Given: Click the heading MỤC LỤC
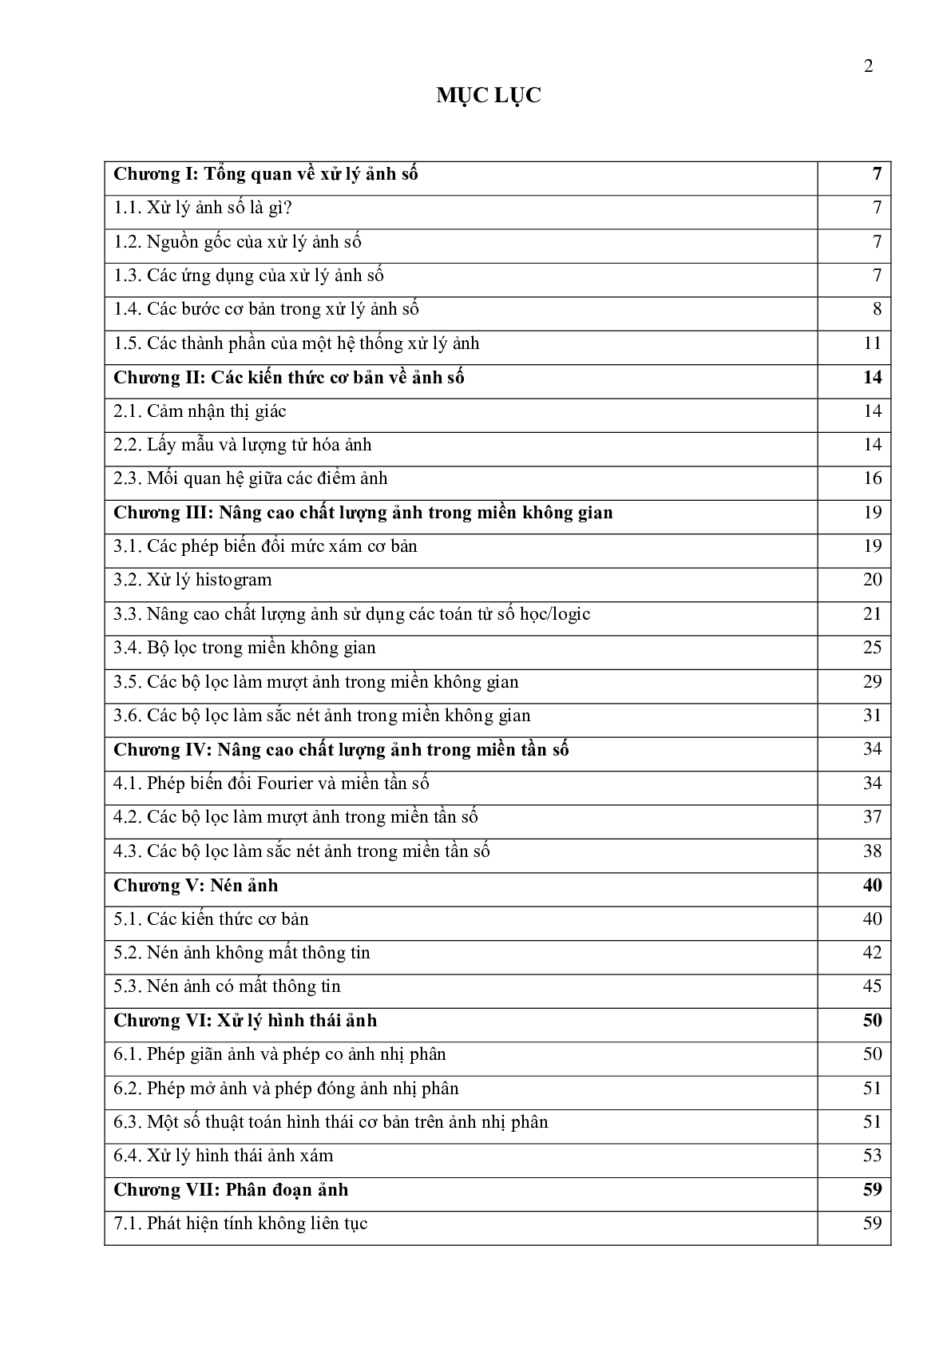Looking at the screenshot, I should tap(489, 96).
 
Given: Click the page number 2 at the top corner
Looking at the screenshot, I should tap(869, 66).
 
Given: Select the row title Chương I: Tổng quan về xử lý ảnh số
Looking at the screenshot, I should tap(266, 174).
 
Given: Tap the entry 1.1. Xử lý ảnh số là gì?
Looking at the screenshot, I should tap(203, 208).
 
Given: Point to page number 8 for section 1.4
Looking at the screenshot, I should tap(877, 310).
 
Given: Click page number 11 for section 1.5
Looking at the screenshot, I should tap(872, 343).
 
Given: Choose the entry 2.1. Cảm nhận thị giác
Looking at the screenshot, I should tap(200, 411).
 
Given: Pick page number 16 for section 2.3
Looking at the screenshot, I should tap(872, 478).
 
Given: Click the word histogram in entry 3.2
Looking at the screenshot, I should tap(233, 580).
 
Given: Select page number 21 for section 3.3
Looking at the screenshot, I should tap(872, 614).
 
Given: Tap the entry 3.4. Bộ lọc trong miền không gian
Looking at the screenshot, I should tap(244, 648).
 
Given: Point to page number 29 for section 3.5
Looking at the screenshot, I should tap(872, 682).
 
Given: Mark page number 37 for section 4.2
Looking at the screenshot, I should tap(872, 817).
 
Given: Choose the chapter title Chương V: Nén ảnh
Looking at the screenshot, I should tap(196, 885).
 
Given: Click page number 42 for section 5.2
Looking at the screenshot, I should tap(872, 953).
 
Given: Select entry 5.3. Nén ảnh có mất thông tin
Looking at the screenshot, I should tap(227, 986).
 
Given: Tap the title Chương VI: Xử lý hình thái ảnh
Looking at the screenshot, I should tap(245, 1021).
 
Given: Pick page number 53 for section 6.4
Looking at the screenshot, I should tap(872, 1156).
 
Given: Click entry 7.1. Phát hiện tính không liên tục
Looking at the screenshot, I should tap(240, 1224).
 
